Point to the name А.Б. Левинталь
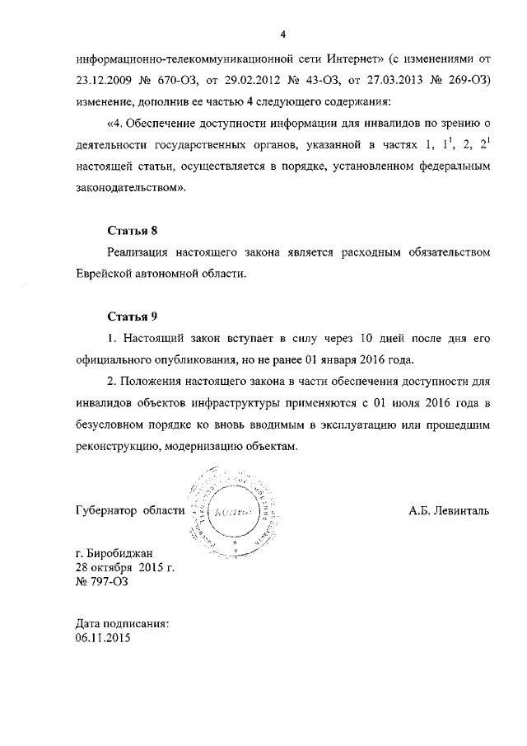(x=449, y=510)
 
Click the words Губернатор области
(x=128, y=510)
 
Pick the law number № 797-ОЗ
(x=101, y=582)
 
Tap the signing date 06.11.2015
(x=102, y=638)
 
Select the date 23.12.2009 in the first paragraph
(x=104, y=82)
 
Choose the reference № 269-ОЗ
(x=462, y=82)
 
